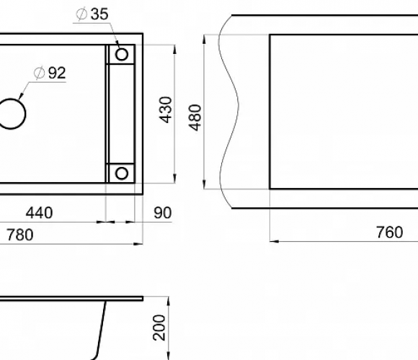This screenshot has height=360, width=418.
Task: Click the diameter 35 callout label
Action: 92,14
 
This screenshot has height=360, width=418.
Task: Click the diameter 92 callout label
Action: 50,73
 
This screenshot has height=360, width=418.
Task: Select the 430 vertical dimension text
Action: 166,109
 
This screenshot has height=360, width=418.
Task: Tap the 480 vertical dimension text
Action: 195,117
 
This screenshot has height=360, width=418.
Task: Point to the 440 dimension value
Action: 39,212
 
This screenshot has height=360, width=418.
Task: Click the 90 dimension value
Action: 163,212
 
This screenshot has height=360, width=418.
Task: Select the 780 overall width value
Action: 20,235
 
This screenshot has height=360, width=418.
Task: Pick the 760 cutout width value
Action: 389,232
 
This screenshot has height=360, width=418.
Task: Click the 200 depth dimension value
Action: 159,328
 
